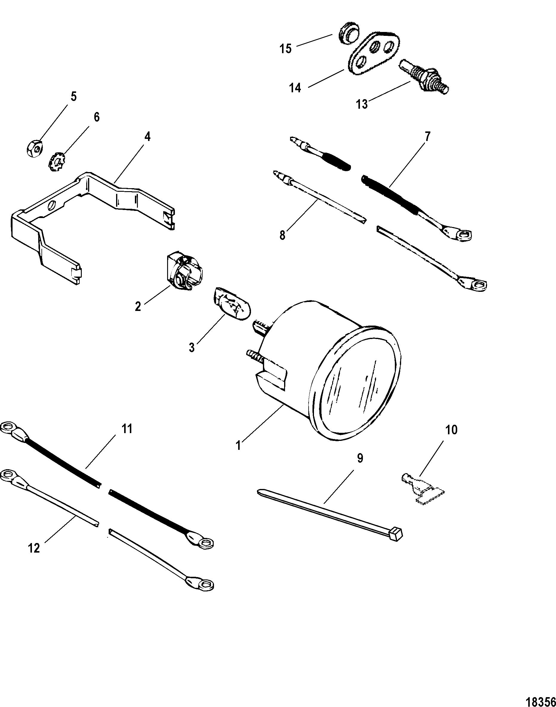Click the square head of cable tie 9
398,533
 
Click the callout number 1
239,445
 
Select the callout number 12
34,548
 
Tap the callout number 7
427,136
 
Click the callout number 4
147,137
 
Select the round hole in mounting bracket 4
52,205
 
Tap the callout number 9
359,458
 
